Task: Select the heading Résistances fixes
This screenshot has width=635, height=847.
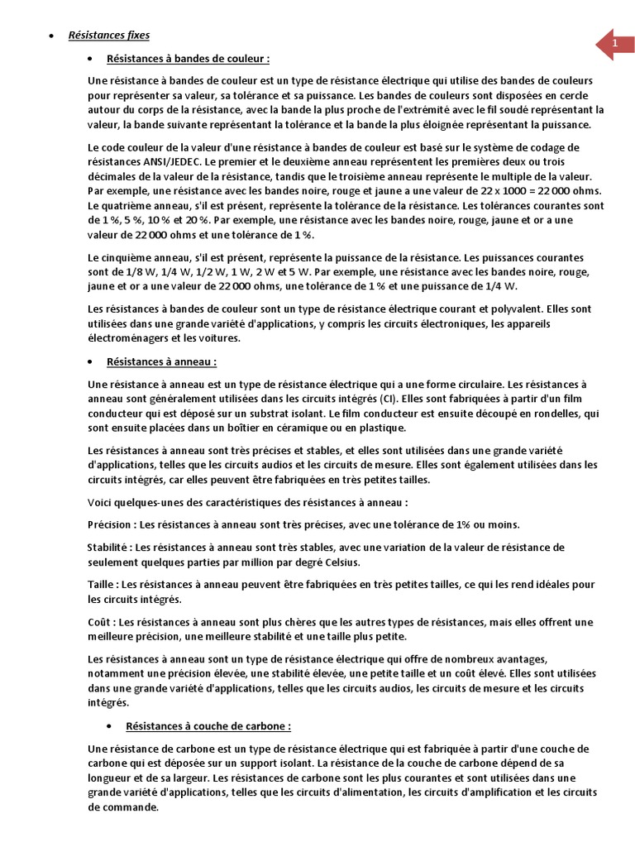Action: pyautogui.click(x=108, y=36)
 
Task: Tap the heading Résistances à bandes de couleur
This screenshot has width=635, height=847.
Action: pyautogui.click(x=188, y=60)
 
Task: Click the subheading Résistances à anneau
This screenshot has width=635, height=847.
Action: pyautogui.click(x=162, y=361)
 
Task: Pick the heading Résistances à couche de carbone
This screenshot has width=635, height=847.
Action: pyautogui.click(x=208, y=726)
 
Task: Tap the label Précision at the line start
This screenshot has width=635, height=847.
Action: pyautogui.click(x=110, y=524)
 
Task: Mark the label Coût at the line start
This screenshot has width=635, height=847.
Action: pyautogui.click(x=99, y=622)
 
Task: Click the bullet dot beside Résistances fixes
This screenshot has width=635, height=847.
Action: pyautogui.click(x=52, y=36)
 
